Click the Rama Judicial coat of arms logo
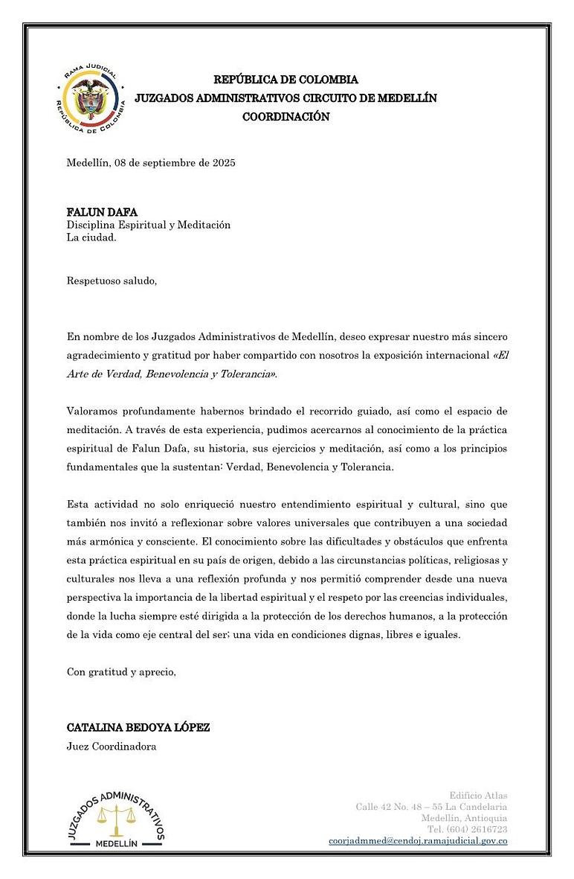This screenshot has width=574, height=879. [90, 99]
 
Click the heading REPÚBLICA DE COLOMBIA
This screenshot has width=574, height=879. [286, 80]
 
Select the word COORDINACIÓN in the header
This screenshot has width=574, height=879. [286, 117]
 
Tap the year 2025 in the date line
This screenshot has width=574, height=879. [222, 162]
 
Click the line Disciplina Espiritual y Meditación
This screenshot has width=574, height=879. [149, 225]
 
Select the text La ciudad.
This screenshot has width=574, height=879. [91, 238]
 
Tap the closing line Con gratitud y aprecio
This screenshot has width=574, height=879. [122, 672]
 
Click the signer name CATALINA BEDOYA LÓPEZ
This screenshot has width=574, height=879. [138, 727]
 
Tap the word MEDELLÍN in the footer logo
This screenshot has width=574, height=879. [116, 843]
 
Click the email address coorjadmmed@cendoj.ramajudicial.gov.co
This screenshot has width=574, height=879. [418, 840]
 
